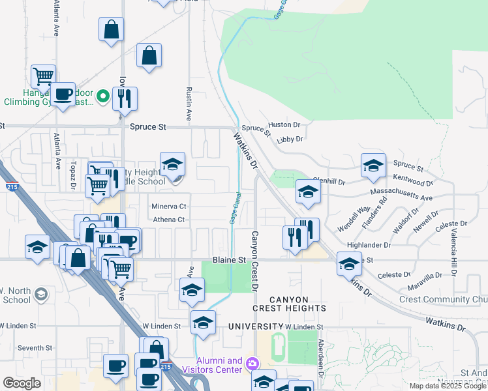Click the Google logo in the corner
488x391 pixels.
pos(22,383)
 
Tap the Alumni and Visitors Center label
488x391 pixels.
pos(219,365)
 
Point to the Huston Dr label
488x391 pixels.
pos(284,124)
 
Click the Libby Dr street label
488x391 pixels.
pos(290,139)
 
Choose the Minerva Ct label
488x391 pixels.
pos(169,206)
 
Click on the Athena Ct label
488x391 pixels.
pos(169,220)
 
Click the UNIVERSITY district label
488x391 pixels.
pos(254,325)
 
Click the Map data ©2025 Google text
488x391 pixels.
pos(448,386)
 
